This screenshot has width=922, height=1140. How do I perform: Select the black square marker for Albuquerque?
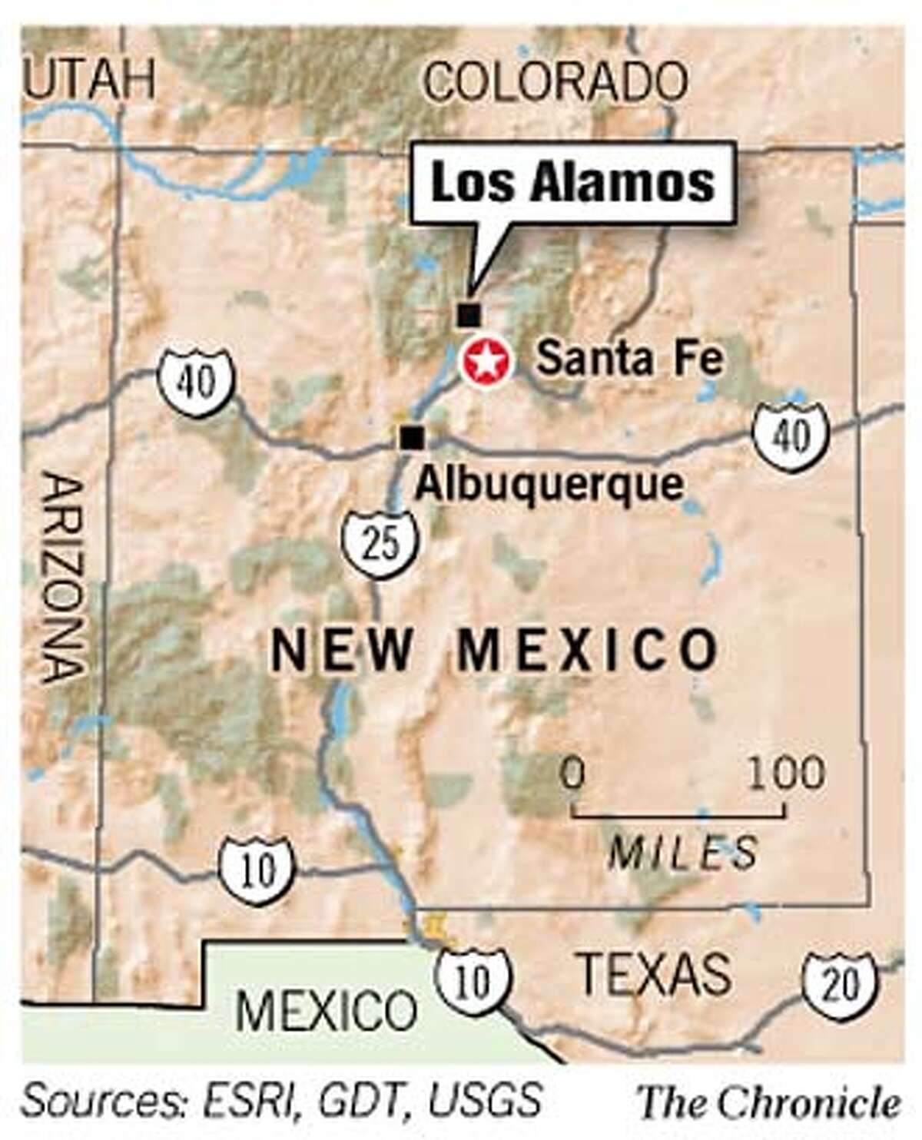point(412,437)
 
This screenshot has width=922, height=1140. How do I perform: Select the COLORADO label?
point(556,81)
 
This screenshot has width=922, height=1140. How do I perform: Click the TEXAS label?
point(653,973)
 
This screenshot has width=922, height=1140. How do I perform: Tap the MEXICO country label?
point(327,1010)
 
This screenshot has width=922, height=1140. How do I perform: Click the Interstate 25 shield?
point(382,542)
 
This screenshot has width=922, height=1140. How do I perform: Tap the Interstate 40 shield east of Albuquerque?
point(791,437)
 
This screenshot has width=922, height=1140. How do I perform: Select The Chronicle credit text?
point(770,1103)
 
